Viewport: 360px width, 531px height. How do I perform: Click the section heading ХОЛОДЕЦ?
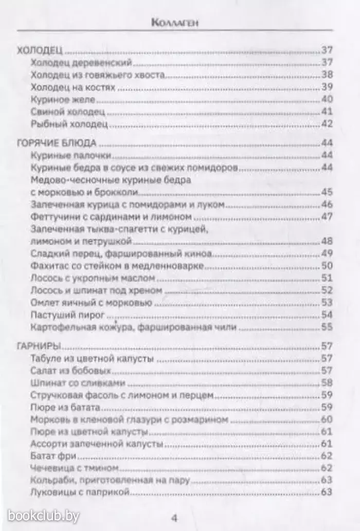(x=40, y=50)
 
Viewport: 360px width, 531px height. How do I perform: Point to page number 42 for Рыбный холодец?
(x=328, y=124)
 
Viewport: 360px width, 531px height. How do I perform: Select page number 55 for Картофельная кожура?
(x=328, y=326)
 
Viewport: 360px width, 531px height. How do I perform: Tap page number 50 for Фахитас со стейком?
(x=328, y=266)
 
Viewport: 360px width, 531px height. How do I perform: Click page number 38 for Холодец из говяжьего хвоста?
(x=328, y=75)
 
